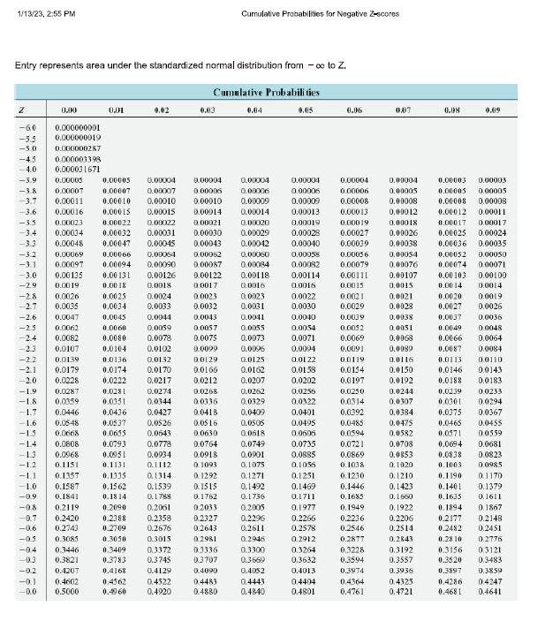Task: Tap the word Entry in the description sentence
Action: pyautogui.click(x=27, y=66)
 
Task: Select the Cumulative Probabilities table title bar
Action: pyautogui.click(x=266, y=92)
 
